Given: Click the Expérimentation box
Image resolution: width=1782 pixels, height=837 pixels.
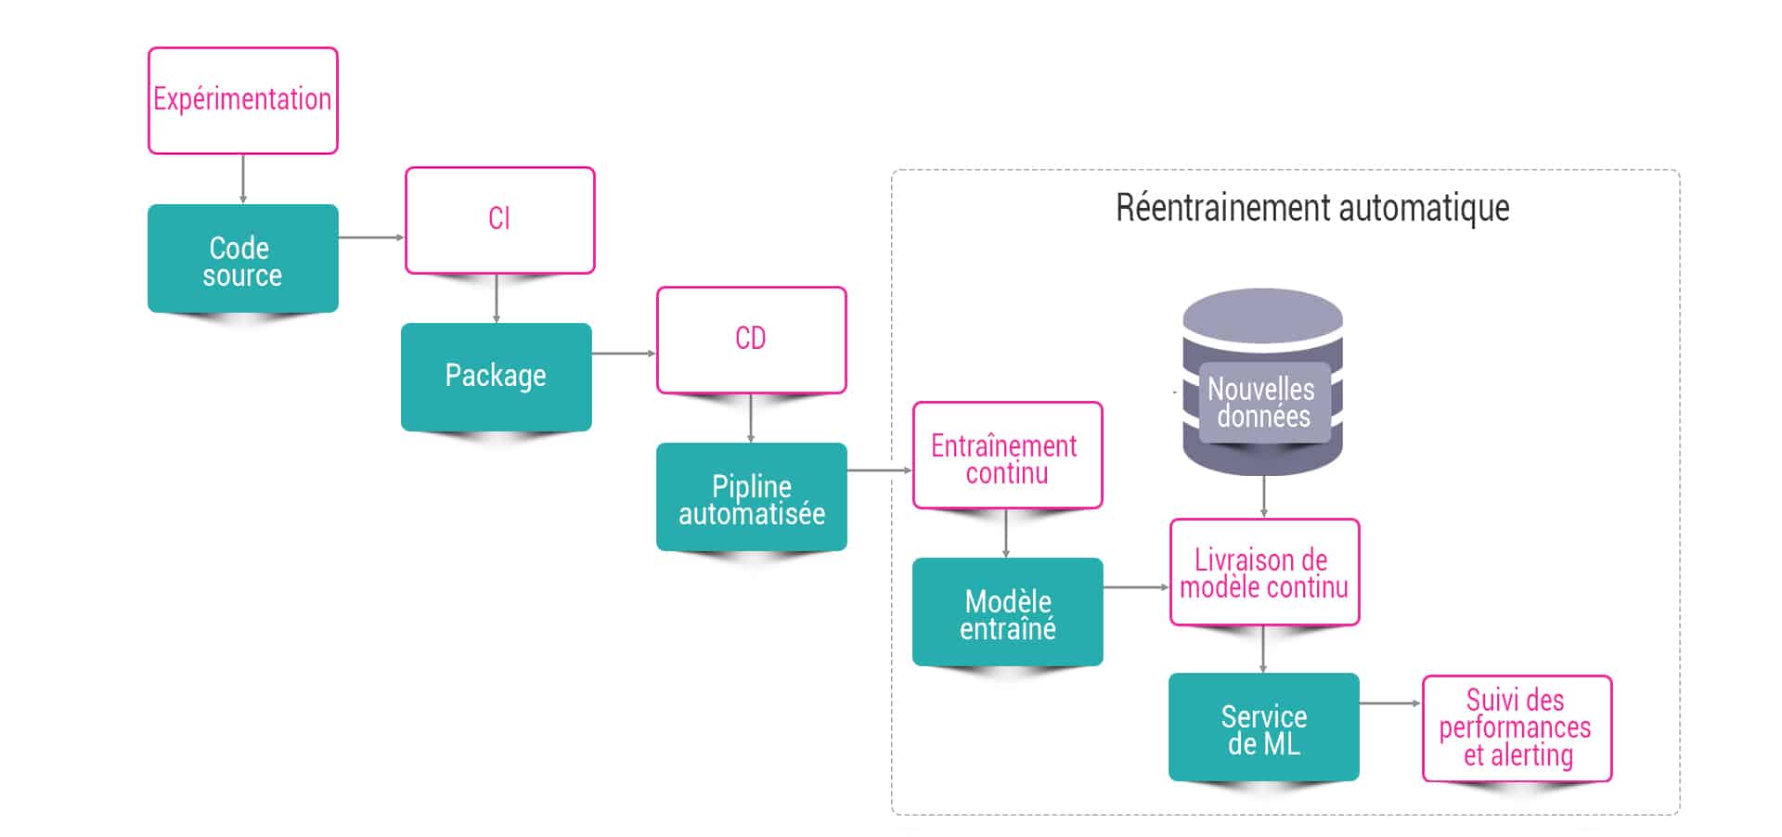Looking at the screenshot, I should [243, 100].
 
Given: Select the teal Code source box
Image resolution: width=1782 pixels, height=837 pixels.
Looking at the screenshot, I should [243, 259].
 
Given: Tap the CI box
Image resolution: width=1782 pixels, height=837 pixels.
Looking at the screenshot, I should [500, 220].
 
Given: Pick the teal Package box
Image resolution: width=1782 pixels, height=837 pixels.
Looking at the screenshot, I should [497, 377].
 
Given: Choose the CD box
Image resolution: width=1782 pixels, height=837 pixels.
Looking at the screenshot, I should [752, 340].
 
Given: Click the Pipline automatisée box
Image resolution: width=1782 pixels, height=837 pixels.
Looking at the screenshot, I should [752, 497].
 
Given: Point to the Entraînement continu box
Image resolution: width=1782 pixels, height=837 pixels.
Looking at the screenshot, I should [1008, 456].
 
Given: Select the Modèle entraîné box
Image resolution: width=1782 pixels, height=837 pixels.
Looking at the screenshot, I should [1008, 612].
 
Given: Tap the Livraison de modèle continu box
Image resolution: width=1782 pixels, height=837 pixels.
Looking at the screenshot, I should [1265, 573].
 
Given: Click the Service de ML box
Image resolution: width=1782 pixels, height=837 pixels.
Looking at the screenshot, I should [1264, 728].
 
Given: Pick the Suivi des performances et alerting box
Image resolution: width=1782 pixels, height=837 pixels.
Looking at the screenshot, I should [1517, 728].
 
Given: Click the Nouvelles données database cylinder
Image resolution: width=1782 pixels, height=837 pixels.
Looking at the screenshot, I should [1263, 382].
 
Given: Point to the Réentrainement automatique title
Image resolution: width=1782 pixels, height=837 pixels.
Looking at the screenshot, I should [1312, 208].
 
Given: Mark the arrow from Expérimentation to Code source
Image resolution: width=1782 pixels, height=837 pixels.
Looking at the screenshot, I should [243, 178].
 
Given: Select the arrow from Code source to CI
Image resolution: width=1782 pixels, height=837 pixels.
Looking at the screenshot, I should [371, 238].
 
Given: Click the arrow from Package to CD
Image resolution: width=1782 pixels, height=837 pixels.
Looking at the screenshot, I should [624, 354].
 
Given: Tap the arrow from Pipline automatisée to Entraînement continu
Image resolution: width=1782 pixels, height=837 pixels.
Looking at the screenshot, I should [880, 470].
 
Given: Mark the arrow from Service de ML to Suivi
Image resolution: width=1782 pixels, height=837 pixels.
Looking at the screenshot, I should [1390, 703].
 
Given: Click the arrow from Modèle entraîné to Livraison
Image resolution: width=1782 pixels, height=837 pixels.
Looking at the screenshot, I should [1136, 587].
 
